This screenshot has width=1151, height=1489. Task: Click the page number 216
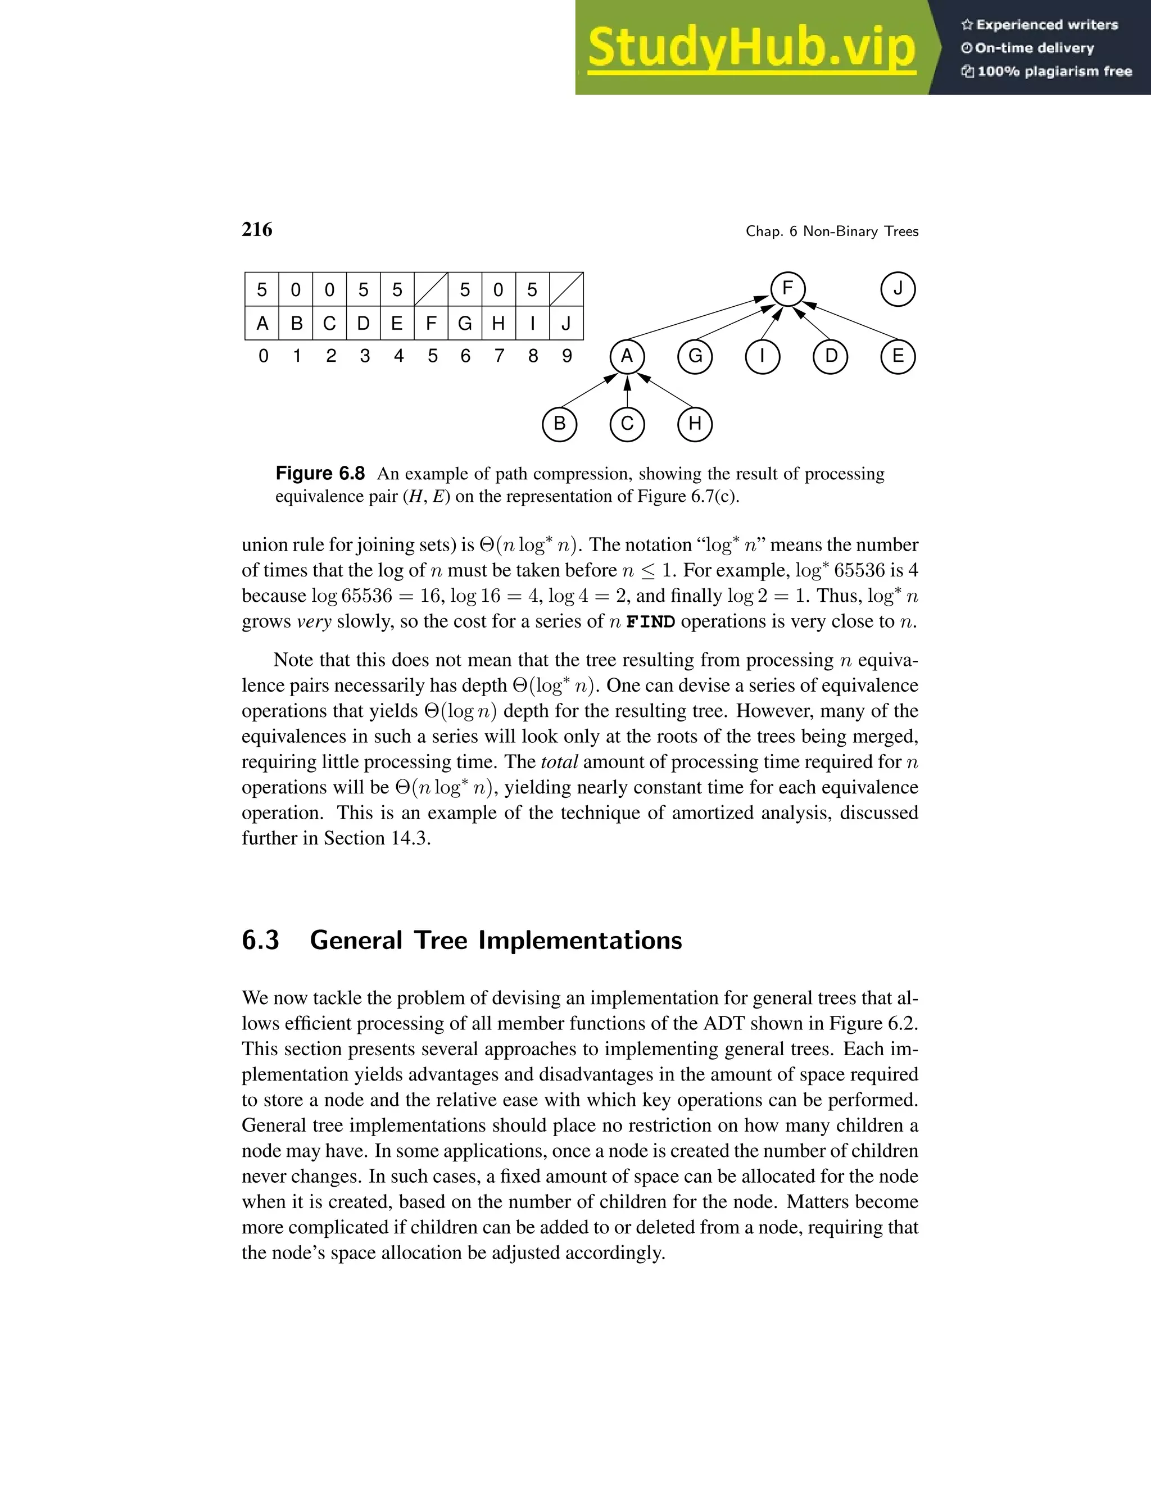click(x=257, y=230)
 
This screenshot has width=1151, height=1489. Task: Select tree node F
click(x=787, y=289)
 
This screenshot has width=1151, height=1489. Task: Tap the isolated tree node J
click(x=898, y=289)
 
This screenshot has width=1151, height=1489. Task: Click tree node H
click(x=695, y=424)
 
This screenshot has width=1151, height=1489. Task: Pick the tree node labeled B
click(x=559, y=424)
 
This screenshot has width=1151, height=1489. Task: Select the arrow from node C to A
click(x=627, y=392)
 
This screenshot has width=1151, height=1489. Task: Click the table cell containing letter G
click(x=465, y=323)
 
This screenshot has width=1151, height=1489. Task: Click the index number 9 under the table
click(x=567, y=356)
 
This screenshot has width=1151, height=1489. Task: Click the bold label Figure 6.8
click(x=320, y=473)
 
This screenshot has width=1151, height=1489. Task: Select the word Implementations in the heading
click(x=579, y=940)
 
